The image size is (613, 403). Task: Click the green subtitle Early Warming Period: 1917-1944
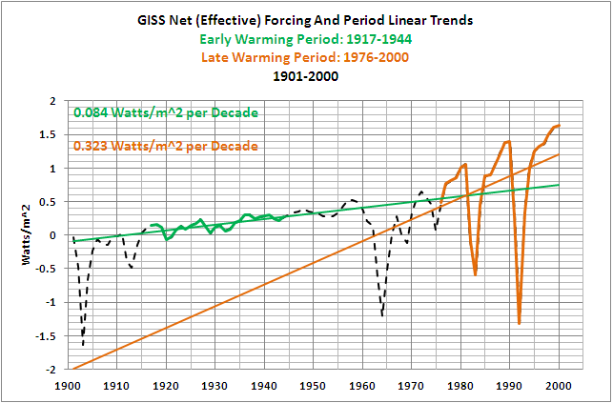click(305, 39)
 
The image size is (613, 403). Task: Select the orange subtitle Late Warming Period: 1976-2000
click(305, 57)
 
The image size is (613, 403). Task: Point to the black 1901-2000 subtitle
click(305, 76)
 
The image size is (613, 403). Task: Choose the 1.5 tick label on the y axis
click(50, 134)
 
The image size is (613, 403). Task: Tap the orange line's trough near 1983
click(475, 274)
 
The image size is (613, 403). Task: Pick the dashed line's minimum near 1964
click(382, 315)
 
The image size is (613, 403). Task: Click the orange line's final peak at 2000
click(559, 125)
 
